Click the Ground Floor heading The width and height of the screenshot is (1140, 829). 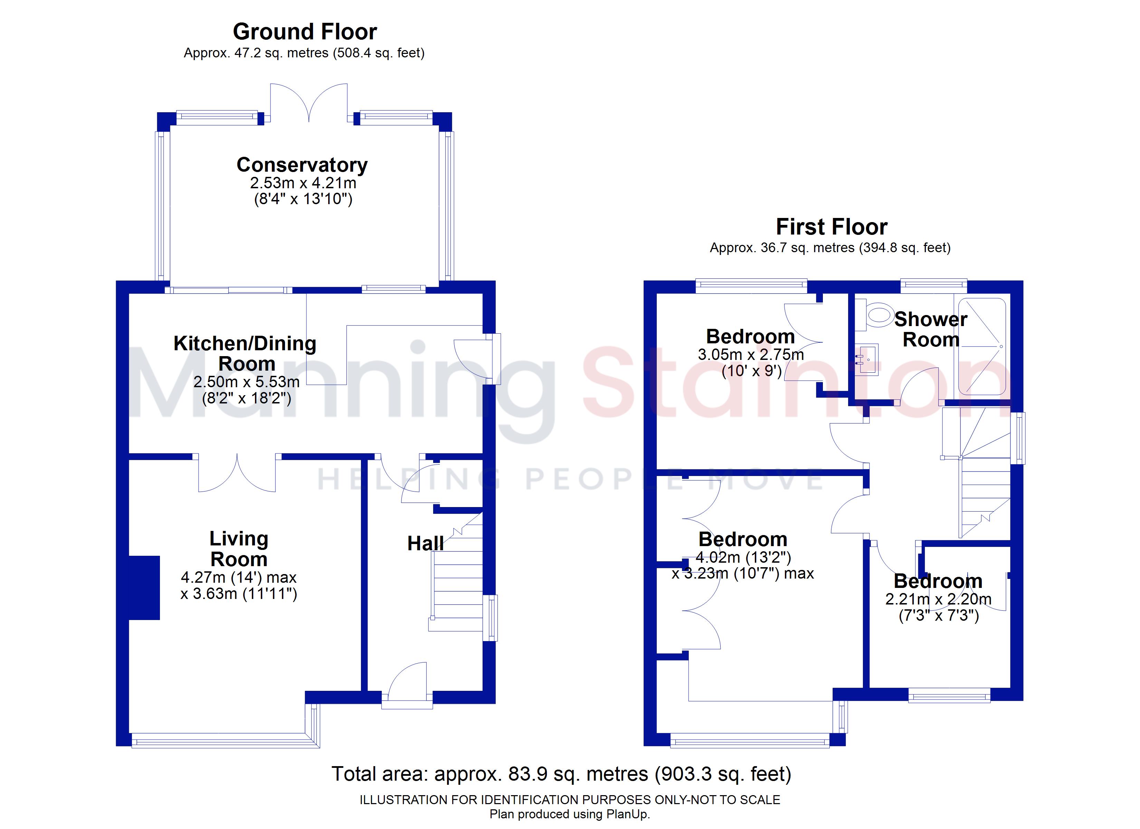point(305,32)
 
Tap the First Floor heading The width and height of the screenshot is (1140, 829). point(832,227)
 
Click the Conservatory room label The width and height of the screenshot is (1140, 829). point(302,165)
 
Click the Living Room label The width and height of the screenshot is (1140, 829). point(239,549)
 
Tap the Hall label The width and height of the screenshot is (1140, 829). point(425,543)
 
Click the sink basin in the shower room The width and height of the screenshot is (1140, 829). point(866,360)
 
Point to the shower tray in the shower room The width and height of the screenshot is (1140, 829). point(982,347)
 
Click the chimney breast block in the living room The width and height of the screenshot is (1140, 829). point(145,587)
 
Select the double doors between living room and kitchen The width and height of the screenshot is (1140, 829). point(237,474)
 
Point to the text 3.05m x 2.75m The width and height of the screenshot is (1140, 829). point(751,354)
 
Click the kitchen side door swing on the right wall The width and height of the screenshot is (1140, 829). point(472,358)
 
